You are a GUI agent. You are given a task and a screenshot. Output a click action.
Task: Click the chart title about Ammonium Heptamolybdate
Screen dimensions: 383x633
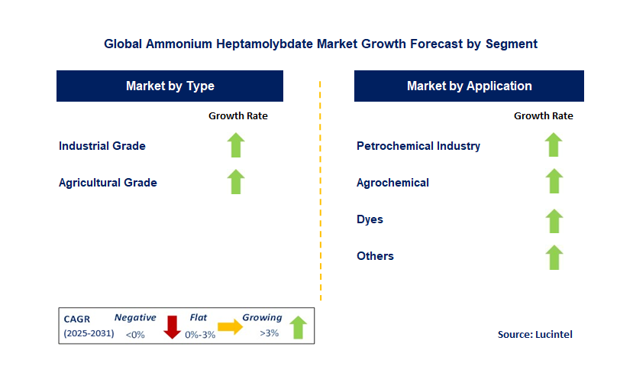point(321,44)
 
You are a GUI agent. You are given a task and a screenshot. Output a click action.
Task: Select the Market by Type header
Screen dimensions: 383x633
point(170,86)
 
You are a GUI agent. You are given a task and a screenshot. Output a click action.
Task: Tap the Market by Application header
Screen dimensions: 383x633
point(469,86)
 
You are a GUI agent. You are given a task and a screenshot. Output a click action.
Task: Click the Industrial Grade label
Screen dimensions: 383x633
point(102,145)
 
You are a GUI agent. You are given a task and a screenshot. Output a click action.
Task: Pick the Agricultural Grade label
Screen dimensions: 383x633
point(108,183)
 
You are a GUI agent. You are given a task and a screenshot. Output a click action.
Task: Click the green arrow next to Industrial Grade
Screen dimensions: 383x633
point(236,145)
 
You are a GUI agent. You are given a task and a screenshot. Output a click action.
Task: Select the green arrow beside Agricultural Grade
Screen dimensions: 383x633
point(236,182)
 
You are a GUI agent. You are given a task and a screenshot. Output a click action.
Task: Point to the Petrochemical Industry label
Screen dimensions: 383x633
point(418,145)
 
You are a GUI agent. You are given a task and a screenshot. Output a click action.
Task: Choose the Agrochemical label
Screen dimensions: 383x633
point(392,183)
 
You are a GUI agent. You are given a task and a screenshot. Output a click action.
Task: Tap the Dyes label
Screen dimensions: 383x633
point(370,219)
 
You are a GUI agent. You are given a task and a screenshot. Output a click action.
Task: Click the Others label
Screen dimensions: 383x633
point(375,256)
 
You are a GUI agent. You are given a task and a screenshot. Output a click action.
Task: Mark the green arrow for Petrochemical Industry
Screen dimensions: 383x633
point(554,145)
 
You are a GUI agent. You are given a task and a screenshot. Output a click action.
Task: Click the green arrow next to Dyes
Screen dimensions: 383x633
point(554,220)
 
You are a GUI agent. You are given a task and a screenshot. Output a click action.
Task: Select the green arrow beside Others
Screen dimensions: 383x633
point(554,257)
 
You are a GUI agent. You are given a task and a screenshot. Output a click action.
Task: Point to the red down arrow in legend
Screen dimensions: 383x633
point(172,326)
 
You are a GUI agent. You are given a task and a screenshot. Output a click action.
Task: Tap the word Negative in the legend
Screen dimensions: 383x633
point(135,317)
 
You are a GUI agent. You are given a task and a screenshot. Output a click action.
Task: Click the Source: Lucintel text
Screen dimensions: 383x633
point(534,334)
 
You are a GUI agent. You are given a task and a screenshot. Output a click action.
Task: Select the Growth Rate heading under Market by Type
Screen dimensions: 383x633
point(238,116)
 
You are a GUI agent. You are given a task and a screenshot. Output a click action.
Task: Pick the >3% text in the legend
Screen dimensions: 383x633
point(269,333)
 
